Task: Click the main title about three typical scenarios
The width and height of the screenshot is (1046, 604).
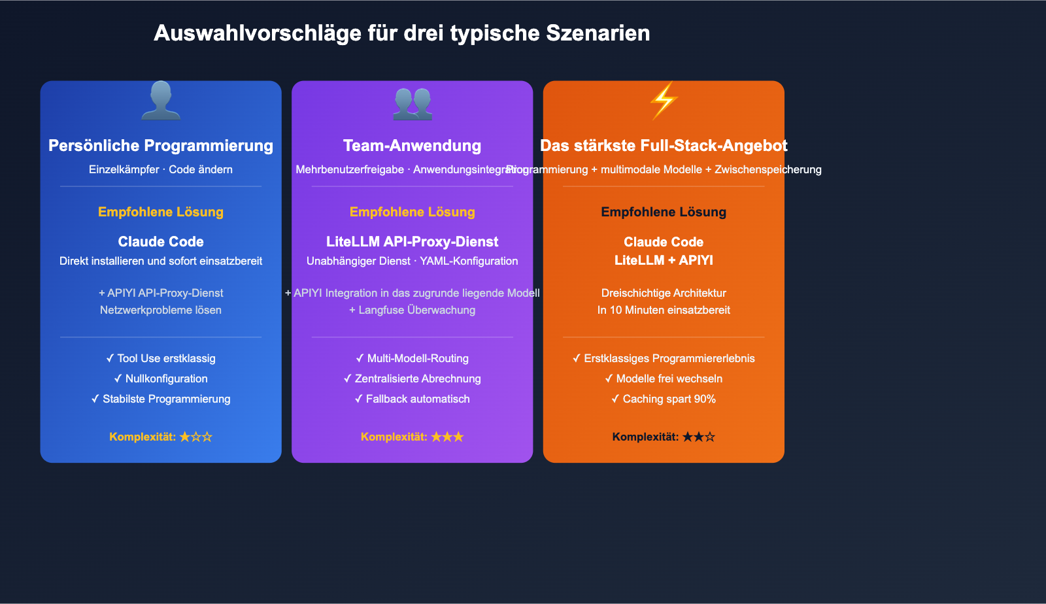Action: (401, 33)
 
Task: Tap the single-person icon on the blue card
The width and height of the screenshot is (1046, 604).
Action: (161, 101)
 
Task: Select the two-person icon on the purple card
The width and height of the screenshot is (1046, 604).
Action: (413, 103)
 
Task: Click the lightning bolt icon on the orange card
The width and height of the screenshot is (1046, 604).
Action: (664, 101)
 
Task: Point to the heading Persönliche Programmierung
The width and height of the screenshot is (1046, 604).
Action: (161, 146)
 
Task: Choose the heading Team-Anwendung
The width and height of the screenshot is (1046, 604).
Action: (413, 146)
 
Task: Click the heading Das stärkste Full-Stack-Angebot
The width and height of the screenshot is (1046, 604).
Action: (664, 146)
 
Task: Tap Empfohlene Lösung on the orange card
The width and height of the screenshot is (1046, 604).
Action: (664, 212)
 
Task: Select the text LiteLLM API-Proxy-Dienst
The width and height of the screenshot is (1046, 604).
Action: (413, 242)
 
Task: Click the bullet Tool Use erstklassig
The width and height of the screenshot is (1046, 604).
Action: (161, 358)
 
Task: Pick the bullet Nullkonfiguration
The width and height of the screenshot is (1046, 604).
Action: (161, 378)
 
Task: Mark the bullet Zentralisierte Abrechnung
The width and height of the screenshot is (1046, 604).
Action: (413, 378)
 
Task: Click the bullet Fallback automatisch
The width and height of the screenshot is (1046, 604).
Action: (413, 399)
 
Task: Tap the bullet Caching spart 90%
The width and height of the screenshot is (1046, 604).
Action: (664, 399)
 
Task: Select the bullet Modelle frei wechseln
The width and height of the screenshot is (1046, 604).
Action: (664, 378)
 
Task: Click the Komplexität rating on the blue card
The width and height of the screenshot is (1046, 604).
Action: (161, 437)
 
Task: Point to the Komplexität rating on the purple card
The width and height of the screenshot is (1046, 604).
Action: (413, 437)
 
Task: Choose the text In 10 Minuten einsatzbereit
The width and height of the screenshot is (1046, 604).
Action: (664, 310)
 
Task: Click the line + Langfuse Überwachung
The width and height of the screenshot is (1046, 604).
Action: (413, 310)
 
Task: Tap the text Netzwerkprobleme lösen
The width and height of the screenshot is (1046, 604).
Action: (161, 310)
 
